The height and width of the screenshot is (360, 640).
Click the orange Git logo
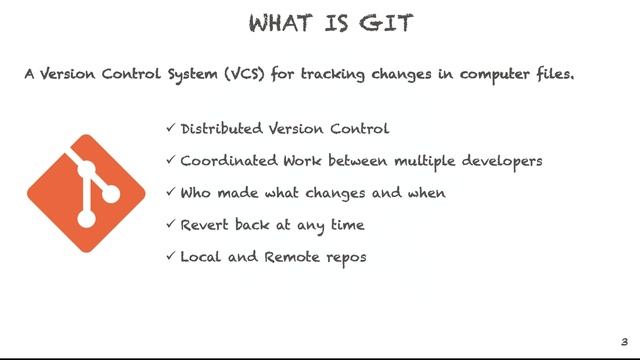tap(86, 193)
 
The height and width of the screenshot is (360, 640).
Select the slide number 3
tap(624, 341)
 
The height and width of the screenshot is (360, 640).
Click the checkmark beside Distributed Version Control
tap(170, 129)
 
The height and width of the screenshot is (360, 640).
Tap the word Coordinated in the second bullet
tap(229, 161)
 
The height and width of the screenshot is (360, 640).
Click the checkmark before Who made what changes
tap(170, 193)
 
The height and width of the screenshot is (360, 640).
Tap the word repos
tap(347, 258)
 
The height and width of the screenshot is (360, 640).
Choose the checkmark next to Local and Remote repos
tap(170, 257)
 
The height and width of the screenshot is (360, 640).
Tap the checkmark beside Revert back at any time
tap(170, 225)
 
